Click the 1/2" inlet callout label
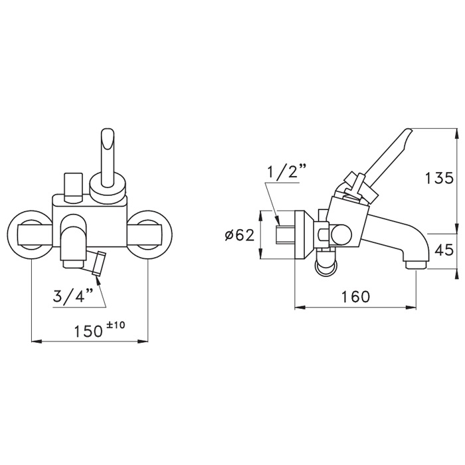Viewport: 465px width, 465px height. pyautogui.click(x=288, y=173)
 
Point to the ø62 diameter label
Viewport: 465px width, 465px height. pyautogui.click(x=240, y=235)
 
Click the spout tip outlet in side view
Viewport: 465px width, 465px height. pyautogui.click(x=415, y=265)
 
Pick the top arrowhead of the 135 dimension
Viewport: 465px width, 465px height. pyautogui.click(x=456, y=134)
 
